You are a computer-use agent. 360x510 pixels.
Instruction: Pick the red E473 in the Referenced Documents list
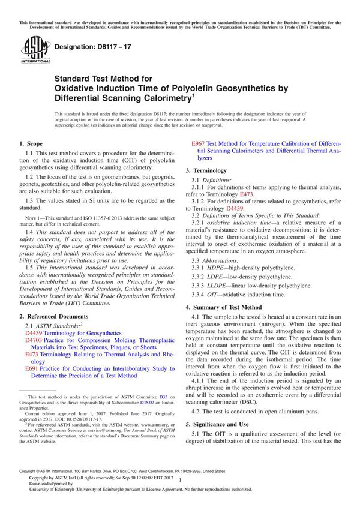pos(31,355)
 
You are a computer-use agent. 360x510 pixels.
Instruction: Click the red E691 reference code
pos(31,369)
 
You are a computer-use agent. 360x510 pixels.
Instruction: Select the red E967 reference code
pos(197,144)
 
